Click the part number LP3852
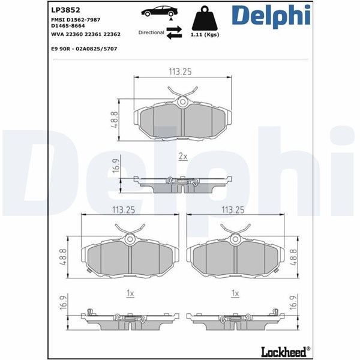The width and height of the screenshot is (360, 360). click(x=65, y=10)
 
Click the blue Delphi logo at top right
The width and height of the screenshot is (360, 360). click(x=271, y=16)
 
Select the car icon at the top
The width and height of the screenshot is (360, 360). click(x=160, y=11)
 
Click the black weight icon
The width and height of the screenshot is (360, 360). click(x=205, y=18)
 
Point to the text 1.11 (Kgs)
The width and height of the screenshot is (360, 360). click(x=205, y=35)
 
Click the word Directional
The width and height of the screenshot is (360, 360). click(x=151, y=32)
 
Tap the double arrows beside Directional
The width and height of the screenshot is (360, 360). click(x=174, y=32)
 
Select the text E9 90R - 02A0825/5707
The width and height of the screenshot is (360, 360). click(x=84, y=49)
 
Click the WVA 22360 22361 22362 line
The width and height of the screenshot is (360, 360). click(x=86, y=34)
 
